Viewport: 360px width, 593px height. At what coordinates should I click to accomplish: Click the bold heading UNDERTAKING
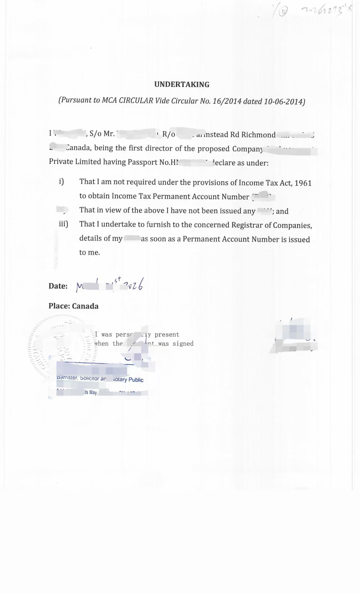pyautogui.click(x=182, y=84)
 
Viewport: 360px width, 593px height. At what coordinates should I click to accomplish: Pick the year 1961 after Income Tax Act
pyautogui.click(x=303, y=183)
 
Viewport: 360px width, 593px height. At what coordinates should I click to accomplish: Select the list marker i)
pyautogui.click(x=61, y=182)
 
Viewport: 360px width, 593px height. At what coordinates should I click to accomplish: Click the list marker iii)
pyautogui.click(x=63, y=224)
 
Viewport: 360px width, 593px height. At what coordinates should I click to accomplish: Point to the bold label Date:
pyautogui.click(x=58, y=286)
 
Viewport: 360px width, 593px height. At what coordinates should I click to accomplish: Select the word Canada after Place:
pyautogui.click(x=85, y=306)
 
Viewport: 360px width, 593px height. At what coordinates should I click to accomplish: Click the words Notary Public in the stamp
pyautogui.click(x=129, y=380)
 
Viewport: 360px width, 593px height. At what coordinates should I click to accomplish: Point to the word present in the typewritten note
pyautogui.click(x=167, y=335)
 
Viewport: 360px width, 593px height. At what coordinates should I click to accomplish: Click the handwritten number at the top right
pyautogui.click(x=326, y=11)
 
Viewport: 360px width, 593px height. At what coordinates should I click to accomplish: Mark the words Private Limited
pyautogui.click(x=75, y=162)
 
